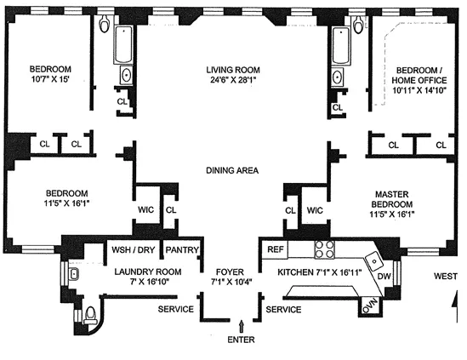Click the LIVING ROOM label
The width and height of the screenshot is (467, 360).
click(232, 70)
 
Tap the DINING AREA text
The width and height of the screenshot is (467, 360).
click(232, 169)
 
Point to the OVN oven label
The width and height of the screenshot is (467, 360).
click(368, 306)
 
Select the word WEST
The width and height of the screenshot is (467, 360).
click(445, 277)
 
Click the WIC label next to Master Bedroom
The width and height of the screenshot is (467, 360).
click(315, 209)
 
